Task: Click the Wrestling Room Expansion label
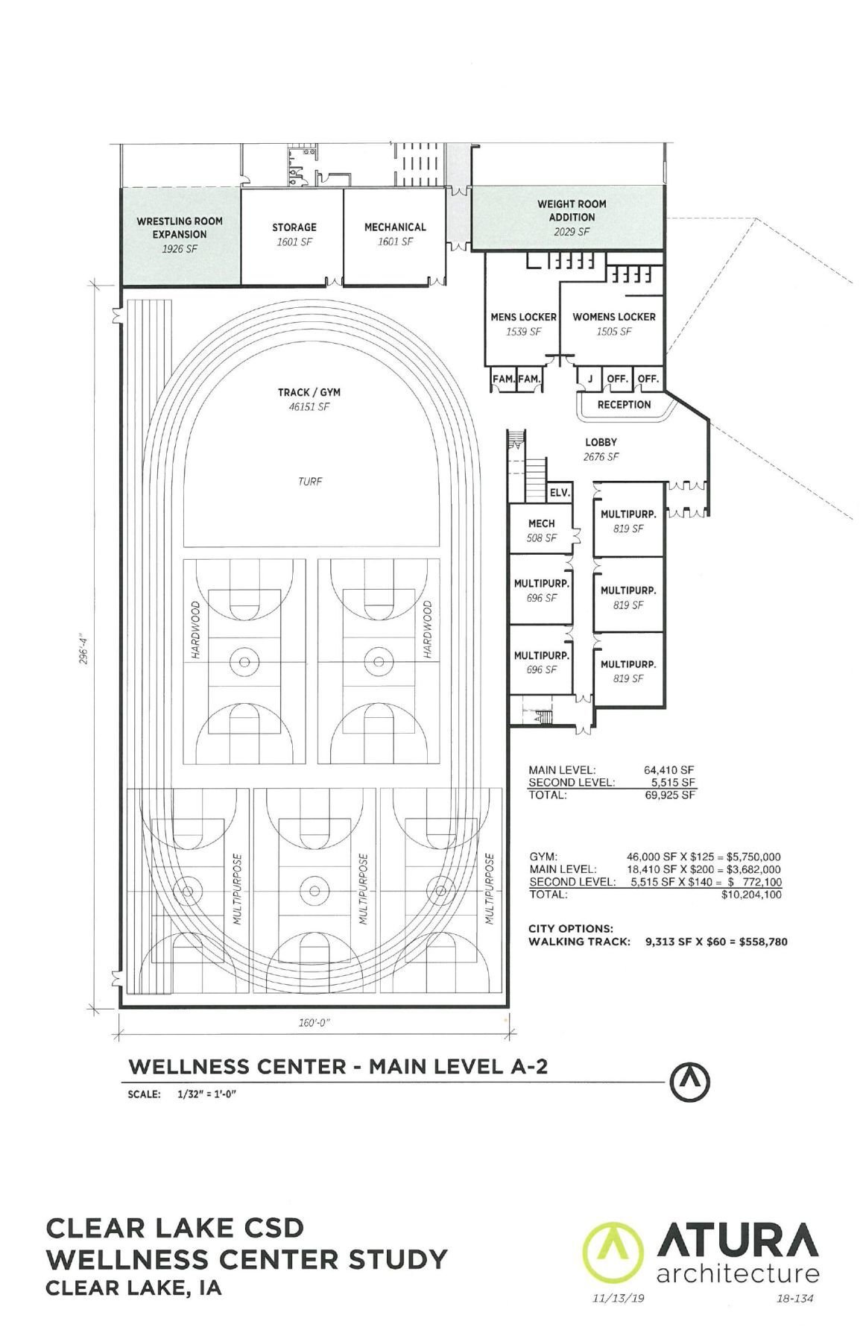pos(180,227)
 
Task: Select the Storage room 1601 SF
pos(294,234)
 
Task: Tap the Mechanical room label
pos(395,227)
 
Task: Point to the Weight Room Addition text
pos(572,210)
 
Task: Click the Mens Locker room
pos(523,324)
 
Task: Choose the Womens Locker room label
pos(613,317)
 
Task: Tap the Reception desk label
pos(624,405)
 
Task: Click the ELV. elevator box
pos(559,493)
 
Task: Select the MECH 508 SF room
pos(542,530)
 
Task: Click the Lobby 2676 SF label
pos(601,449)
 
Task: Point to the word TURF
pos(310,482)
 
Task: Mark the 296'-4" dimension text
pos(86,649)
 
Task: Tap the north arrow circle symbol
pos(689,1083)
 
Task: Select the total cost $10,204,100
pos(751,895)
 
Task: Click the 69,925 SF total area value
pos(669,795)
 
